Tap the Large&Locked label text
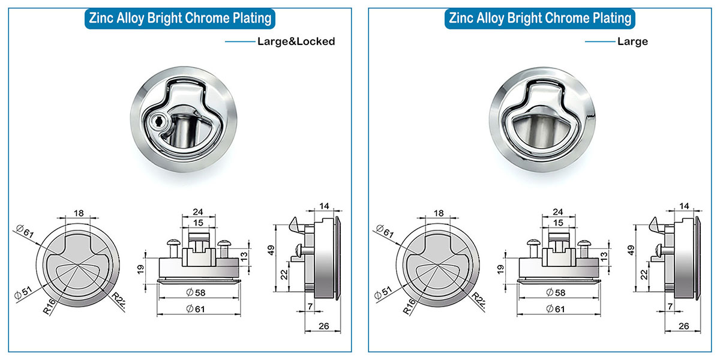(x=295, y=42)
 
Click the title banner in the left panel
(x=179, y=18)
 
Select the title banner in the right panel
(x=540, y=18)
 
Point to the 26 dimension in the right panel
(x=683, y=326)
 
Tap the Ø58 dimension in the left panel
(x=196, y=292)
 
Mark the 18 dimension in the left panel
(x=78, y=213)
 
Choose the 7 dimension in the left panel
(x=309, y=307)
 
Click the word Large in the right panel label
(x=632, y=42)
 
